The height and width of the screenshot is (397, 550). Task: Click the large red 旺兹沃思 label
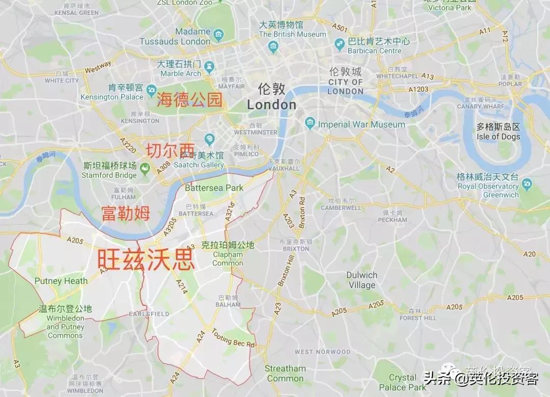pyautogui.click(x=146, y=259)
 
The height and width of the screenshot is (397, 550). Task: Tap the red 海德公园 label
pyautogui.click(x=190, y=99)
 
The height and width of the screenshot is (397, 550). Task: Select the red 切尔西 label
pyautogui.click(x=171, y=150)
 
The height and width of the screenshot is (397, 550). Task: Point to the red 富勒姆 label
pyautogui.click(x=126, y=213)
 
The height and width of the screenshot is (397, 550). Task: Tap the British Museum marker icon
pyautogui.click(x=274, y=47)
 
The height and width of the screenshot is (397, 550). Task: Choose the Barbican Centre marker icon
pyautogui.click(x=340, y=45)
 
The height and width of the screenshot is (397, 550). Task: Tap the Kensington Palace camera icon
pyautogui.click(x=151, y=91)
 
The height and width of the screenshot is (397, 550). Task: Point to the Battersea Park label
pyautogui.click(x=214, y=188)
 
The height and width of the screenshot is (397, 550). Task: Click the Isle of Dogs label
pyautogui.click(x=499, y=137)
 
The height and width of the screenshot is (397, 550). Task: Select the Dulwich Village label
pyautogui.click(x=362, y=280)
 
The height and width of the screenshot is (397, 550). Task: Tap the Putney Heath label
pyautogui.click(x=61, y=281)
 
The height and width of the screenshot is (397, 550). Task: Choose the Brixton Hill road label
pyautogui.click(x=286, y=271)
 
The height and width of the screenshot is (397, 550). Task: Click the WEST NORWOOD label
pyautogui.click(x=322, y=352)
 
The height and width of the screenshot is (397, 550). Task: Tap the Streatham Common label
pyautogui.click(x=285, y=373)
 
